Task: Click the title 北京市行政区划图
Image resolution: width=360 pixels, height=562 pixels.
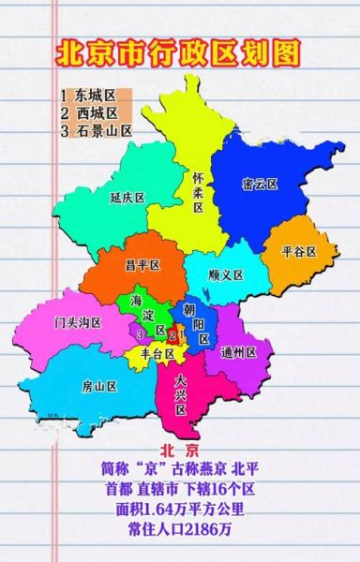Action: (179, 52)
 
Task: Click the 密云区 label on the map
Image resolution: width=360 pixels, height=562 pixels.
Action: (260, 185)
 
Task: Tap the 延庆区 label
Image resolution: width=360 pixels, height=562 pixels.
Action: (127, 198)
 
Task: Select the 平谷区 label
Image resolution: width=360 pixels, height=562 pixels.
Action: (298, 252)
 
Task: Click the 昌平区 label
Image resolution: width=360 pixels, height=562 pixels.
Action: (143, 266)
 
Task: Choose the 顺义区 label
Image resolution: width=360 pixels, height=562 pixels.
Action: (226, 275)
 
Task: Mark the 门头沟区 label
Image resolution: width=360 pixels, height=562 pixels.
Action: (78, 323)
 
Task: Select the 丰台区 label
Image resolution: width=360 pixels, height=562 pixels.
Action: (157, 355)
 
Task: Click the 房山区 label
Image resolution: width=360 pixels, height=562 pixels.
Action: (98, 386)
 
